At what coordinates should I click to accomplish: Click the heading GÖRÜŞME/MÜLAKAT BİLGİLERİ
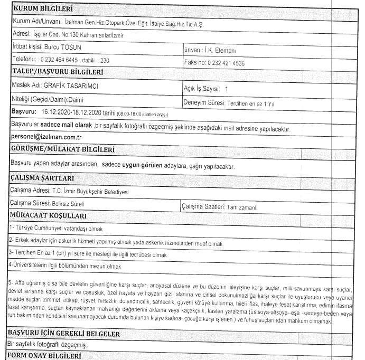65,149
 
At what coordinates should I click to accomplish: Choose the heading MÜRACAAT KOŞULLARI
51,216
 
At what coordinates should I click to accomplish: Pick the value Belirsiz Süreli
69,203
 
